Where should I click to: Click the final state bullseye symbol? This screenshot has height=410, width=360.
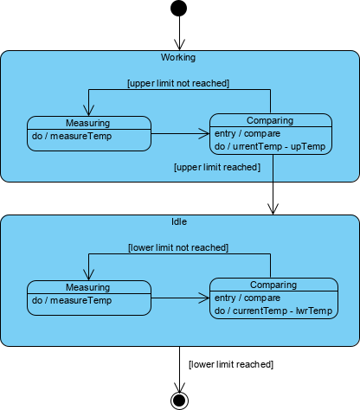pos(180,400)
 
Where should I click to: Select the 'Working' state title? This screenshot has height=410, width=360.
pos(178,58)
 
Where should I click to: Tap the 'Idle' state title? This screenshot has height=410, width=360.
pos(179,221)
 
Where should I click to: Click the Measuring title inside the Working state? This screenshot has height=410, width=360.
pos(87,122)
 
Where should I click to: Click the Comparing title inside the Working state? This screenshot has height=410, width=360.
pos(270,120)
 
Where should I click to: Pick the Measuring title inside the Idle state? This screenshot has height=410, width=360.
pos(87,287)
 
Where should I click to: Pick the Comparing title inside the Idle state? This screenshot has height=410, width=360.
pos(273,285)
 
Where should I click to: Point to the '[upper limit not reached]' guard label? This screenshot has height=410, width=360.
pos(177,83)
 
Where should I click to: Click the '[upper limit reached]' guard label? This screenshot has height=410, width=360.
pos(217,166)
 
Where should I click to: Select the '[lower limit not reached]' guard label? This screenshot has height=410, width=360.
pos(177,247)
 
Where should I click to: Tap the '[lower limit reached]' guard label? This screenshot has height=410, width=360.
pos(230,364)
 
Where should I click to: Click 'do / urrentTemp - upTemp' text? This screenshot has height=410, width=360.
pos(269,146)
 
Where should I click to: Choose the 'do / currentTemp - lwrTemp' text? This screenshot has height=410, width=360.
pos(273,311)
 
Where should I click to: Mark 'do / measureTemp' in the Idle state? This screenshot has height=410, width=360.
pos(72,300)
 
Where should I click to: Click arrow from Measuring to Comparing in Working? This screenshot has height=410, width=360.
pos(180,134)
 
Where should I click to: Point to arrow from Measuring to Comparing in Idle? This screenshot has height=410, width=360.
pos(180,298)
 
